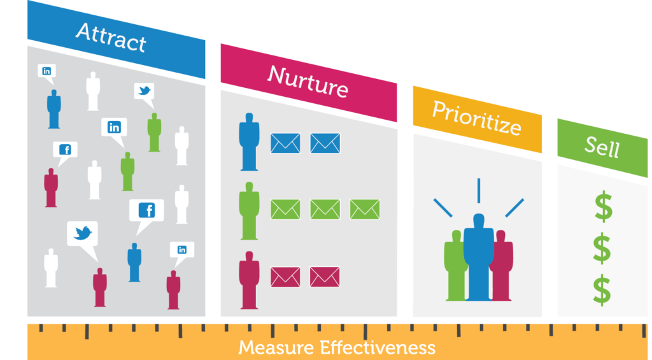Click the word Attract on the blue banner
coord(111,38)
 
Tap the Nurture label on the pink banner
coord(308,82)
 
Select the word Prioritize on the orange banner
coord(476,117)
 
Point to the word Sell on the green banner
coord(602,148)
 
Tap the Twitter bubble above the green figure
coord(145,91)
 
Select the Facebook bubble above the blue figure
coord(146,210)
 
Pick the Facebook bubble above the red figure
coord(65,150)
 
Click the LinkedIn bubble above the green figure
coord(114,127)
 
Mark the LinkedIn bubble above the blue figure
coord(46,71)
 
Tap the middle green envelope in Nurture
coord(325,209)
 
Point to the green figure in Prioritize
coord(455,264)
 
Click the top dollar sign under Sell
coord(602,208)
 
